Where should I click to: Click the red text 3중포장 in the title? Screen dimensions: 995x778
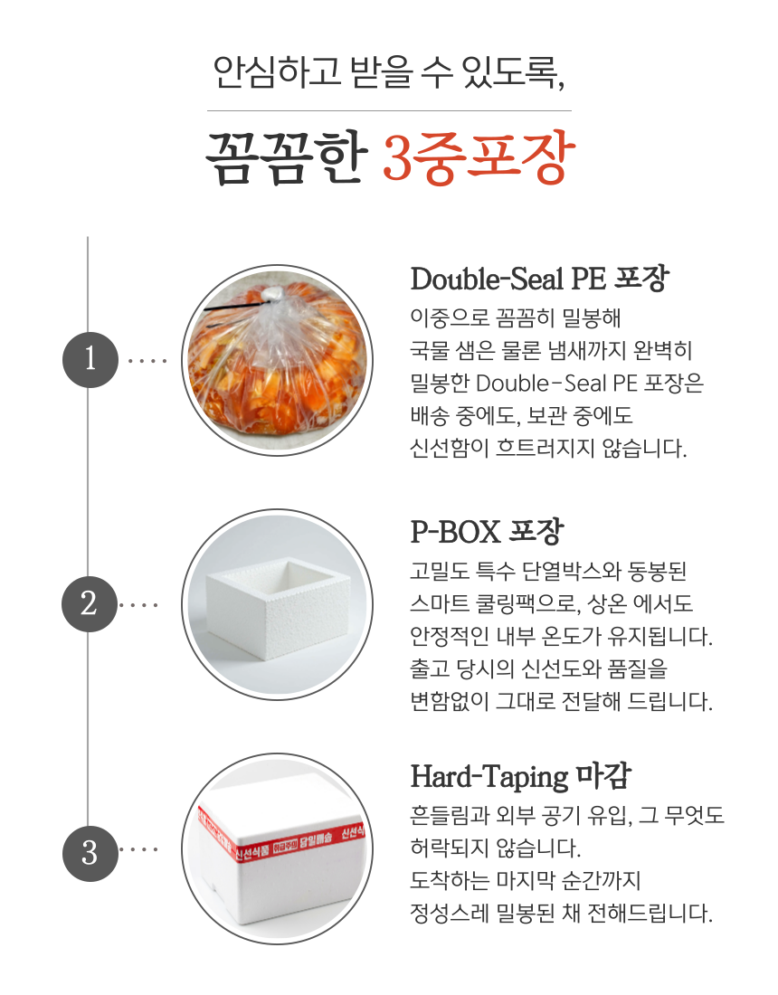pyautogui.click(x=479, y=160)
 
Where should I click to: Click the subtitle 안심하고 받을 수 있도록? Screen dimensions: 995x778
pyautogui.click(x=389, y=72)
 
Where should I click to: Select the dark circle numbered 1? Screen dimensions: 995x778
pyautogui.click(x=90, y=360)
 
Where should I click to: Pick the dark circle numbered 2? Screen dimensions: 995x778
pyautogui.click(x=90, y=603)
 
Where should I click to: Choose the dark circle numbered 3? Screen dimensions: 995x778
pyautogui.click(x=90, y=852)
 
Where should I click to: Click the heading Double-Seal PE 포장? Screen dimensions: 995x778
pyautogui.click(x=538, y=279)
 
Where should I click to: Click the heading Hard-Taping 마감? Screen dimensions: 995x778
pyautogui.click(x=520, y=777)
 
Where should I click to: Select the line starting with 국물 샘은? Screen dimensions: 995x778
pyautogui.click(x=551, y=350)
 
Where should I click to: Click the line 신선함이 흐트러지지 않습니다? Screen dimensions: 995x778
pyautogui.click(x=548, y=448)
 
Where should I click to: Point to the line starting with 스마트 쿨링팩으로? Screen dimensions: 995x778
pyautogui.click(x=551, y=603)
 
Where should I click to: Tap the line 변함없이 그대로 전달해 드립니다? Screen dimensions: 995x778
pyautogui.click(x=561, y=701)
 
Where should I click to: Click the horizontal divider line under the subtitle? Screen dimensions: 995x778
pyautogui.click(x=389, y=111)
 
